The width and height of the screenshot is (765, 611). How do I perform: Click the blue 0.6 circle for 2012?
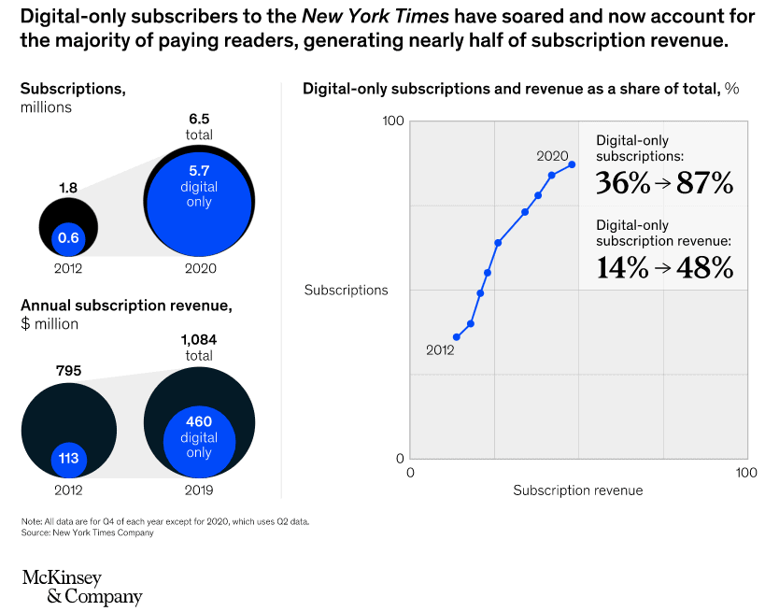pyautogui.click(x=68, y=238)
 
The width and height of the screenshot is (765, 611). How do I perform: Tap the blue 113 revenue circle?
pyautogui.click(x=68, y=459)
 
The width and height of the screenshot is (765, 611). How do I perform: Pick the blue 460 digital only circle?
pyautogui.click(x=199, y=437)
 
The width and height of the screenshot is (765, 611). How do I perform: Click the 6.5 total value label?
pyautogui.click(x=199, y=119)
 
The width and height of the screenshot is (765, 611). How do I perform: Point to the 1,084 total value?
pyautogui.click(x=199, y=339)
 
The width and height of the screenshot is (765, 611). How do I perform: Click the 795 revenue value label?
pyautogui.click(x=68, y=370)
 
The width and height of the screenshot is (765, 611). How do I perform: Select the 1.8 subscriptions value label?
pyautogui.click(x=68, y=187)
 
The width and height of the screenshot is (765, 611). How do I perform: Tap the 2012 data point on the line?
pyautogui.click(x=457, y=337)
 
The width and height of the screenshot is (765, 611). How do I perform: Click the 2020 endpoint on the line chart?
pyautogui.click(x=572, y=164)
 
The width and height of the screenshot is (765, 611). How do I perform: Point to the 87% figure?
pyautogui.click(x=705, y=183)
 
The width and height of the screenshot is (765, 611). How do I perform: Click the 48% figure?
pyautogui.click(x=705, y=268)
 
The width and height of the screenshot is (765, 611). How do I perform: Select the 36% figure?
pyautogui.click(x=623, y=183)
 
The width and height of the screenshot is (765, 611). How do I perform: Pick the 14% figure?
pyautogui.click(x=623, y=268)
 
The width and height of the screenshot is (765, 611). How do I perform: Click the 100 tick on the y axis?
pyautogui.click(x=392, y=121)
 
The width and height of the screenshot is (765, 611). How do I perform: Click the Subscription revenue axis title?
pyautogui.click(x=578, y=490)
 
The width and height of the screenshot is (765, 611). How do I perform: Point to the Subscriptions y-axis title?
pyautogui.click(x=346, y=290)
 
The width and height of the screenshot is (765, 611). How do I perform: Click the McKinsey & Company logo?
pyautogui.click(x=82, y=587)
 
